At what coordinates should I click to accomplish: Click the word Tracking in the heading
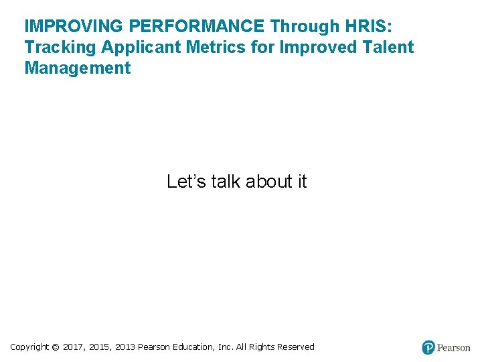[x=60, y=48]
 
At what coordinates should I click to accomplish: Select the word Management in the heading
[x=78, y=68]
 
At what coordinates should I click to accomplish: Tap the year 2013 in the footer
[x=125, y=347]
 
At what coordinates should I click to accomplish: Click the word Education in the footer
[x=193, y=347]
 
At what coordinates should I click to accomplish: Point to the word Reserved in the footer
[x=292, y=347]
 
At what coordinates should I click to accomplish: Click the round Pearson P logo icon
[x=428, y=347]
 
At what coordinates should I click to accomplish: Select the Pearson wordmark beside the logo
[x=454, y=348]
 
